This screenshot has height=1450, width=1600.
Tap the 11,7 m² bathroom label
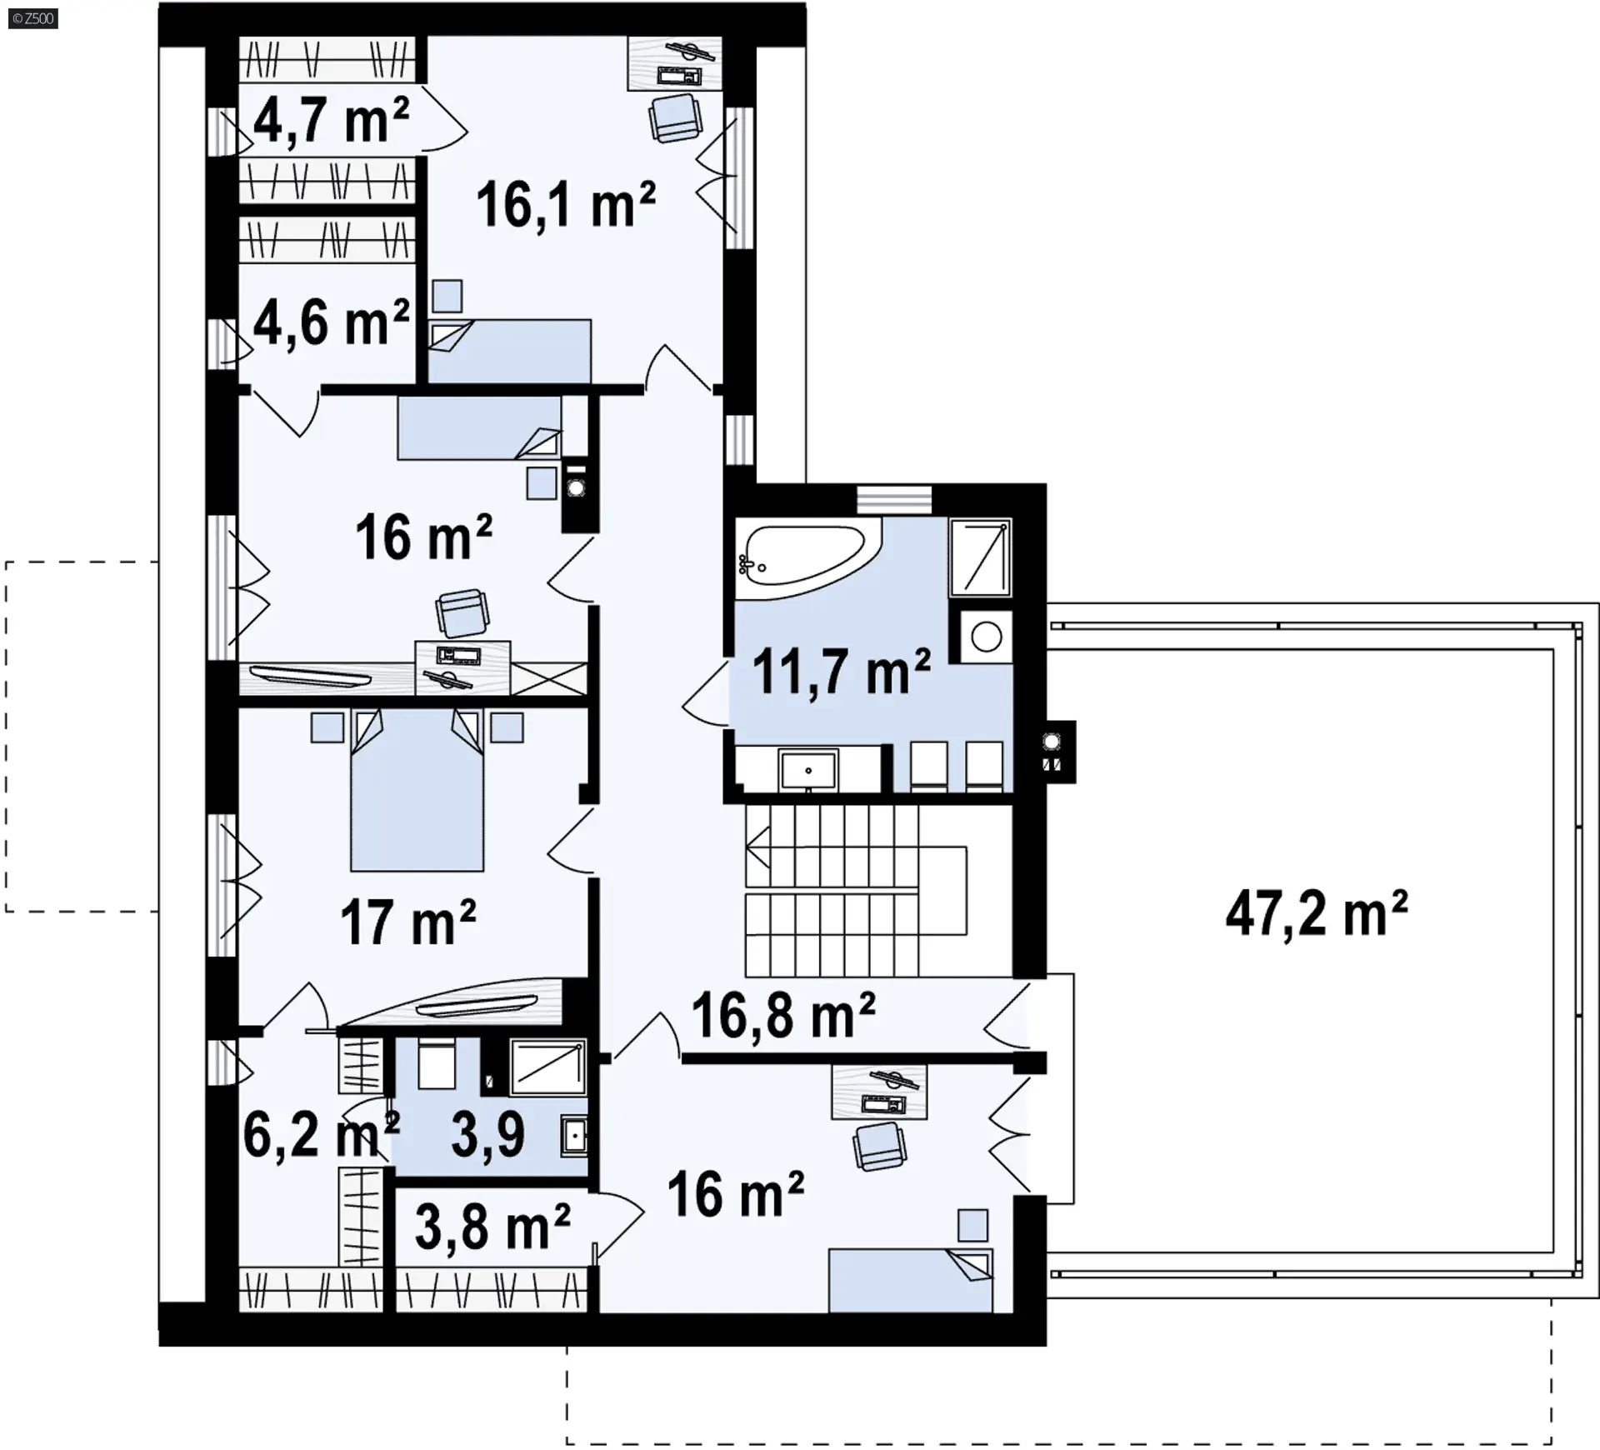coord(842,671)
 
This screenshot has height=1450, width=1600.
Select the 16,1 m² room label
coord(567,204)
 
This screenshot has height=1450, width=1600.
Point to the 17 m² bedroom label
coord(408,922)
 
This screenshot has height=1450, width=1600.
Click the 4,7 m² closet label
coord(331,120)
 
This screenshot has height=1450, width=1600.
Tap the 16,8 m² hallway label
coord(783,1014)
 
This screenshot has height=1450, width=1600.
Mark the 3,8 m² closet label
coord(492,1226)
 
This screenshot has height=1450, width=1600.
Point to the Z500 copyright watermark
coord(33,18)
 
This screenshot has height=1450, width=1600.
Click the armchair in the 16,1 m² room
coord(676,117)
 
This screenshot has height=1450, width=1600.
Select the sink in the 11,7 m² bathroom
coord(807,770)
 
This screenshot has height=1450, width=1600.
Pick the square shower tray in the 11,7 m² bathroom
coord(981,557)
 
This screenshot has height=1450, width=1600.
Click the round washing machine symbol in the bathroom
coord(987,637)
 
